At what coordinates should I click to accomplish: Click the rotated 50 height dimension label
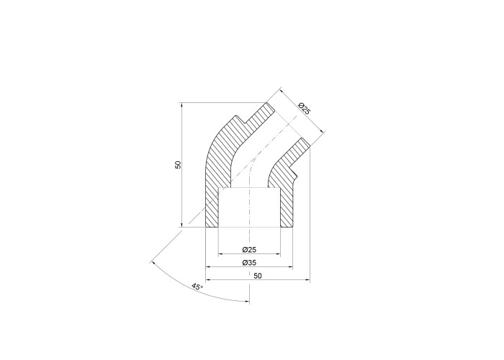click(179, 165)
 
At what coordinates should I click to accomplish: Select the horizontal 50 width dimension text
click(258, 276)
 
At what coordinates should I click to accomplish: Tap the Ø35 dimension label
click(249, 263)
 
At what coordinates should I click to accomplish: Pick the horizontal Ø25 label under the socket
click(249, 249)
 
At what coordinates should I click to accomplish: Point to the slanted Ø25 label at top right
click(304, 108)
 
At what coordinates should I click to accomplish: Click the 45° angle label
click(197, 287)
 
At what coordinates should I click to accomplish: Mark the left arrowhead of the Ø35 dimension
click(207, 267)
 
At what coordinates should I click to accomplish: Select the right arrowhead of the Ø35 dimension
click(291, 267)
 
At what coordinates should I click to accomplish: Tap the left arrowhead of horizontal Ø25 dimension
click(220, 254)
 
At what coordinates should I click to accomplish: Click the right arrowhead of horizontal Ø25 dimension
click(279, 254)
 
